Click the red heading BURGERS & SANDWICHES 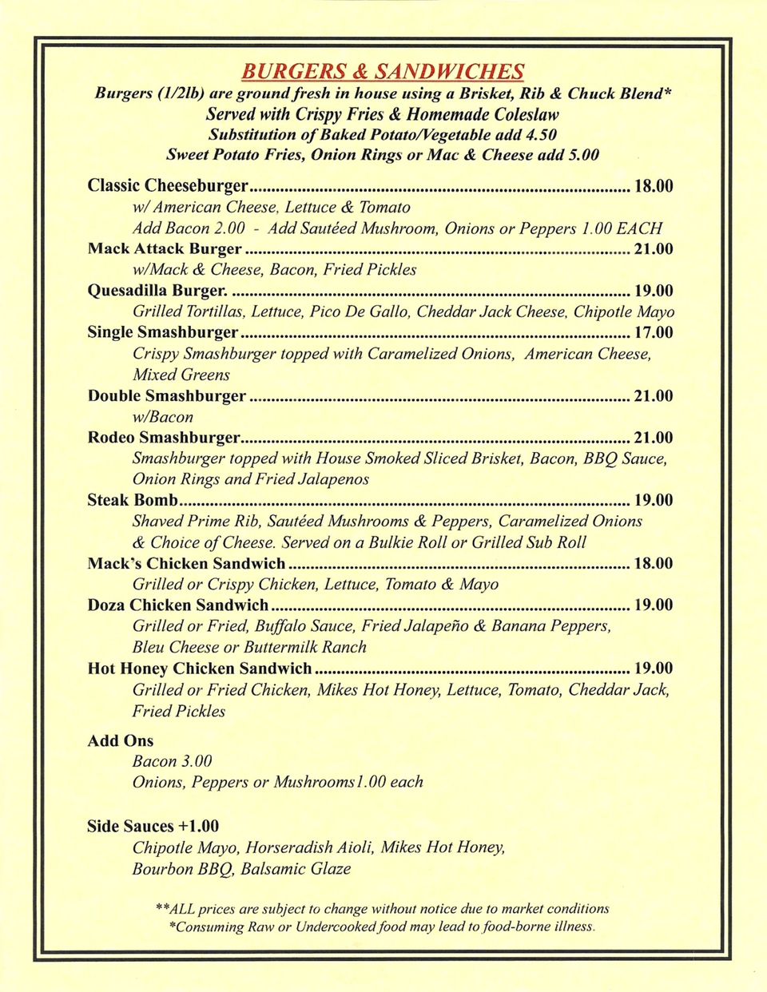(383, 72)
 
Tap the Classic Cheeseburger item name (168, 186)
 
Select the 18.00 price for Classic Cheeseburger (653, 186)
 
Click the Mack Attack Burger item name (165, 248)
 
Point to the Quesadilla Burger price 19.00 (653, 291)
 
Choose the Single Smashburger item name (163, 332)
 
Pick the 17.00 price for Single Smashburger (653, 332)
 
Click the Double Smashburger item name (167, 396)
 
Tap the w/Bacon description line (163, 417)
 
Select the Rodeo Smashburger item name (164, 438)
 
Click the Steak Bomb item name (133, 501)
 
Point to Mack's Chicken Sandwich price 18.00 (653, 564)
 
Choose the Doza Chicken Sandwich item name (178, 605)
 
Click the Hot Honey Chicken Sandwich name (200, 669)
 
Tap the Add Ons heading (121, 741)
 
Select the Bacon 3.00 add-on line (173, 762)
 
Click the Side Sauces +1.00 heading (153, 827)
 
